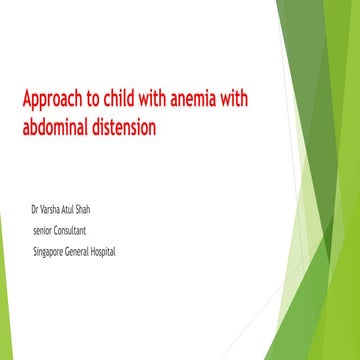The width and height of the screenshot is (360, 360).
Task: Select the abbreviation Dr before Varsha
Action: click(37, 211)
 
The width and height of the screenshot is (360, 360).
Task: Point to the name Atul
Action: click(82, 211)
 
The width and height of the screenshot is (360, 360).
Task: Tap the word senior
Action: click(44, 231)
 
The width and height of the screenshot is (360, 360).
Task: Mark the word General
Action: click(90, 251)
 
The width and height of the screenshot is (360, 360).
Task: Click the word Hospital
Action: click(125, 252)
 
